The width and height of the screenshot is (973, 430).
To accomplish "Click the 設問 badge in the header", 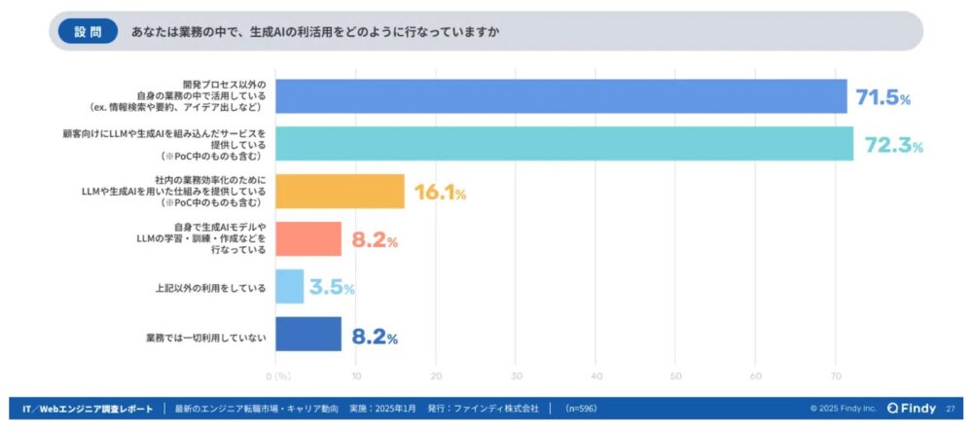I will [x=87, y=31].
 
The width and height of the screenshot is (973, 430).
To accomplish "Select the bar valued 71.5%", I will [x=560, y=96].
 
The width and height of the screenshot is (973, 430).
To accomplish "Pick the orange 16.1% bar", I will [x=340, y=192].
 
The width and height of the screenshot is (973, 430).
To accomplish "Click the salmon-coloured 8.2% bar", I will [x=308, y=238].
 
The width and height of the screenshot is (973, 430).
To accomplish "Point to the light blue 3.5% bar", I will [x=290, y=287].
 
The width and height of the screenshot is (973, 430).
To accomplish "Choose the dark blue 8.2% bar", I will [x=308, y=334].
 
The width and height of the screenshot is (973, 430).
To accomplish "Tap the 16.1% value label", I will [x=441, y=193].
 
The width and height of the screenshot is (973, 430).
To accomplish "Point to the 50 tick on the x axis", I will [x=675, y=376].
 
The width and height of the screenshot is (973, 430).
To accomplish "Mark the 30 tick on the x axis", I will [x=516, y=376].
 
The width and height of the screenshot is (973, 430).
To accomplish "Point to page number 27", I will [x=950, y=409].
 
